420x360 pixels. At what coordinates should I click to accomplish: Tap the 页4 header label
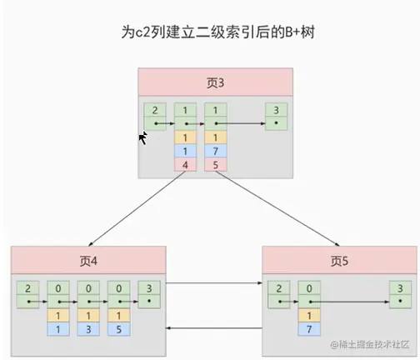tap(88, 261)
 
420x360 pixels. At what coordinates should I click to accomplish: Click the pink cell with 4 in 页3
tap(185, 164)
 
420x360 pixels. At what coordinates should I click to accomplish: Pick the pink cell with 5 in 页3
tap(215, 164)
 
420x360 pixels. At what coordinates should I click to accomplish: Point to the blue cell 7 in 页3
tap(215, 151)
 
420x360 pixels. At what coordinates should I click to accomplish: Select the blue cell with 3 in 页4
tap(88, 328)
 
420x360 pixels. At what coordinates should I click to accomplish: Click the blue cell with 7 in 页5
tap(309, 328)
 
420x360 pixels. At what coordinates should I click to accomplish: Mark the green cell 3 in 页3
tap(276, 110)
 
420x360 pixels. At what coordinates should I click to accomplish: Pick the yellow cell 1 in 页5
tap(309, 315)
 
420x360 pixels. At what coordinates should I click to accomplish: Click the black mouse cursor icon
tap(142, 137)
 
